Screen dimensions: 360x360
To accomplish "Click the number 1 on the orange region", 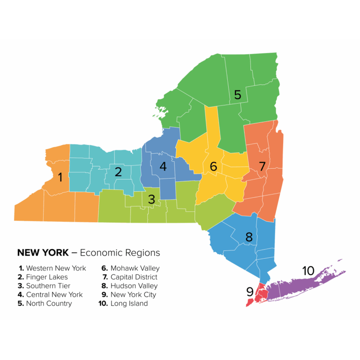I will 60,178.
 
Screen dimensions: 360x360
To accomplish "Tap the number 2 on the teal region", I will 118,172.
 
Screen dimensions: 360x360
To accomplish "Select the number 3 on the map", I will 151,199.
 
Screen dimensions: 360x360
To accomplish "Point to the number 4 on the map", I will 163,166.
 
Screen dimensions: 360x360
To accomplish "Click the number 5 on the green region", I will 238,95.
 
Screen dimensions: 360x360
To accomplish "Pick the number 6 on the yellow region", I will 214,166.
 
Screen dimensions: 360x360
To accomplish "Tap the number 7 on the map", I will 262,166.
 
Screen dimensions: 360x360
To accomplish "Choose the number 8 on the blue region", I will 249,237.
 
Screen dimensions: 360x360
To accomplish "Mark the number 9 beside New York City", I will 250,292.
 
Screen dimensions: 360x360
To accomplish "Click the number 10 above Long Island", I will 308,271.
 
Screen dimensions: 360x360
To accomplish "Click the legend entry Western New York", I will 56,269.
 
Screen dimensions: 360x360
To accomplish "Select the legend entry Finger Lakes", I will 47,277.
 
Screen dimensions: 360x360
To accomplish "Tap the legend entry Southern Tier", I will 48,286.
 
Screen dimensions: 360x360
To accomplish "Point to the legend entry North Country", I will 49,303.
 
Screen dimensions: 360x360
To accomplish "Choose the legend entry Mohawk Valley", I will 135,269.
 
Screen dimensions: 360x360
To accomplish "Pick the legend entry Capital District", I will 134,277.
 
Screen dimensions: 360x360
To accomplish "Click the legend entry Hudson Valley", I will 134,286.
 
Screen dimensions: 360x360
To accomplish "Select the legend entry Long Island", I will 129,303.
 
